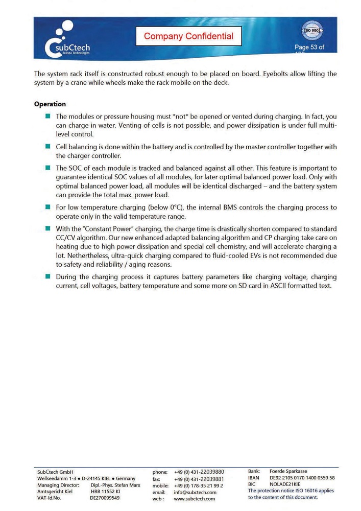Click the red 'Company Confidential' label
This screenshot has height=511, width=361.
(x=188, y=36)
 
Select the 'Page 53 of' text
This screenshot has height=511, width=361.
(x=309, y=48)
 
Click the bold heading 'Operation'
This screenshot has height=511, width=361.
(x=50, y=104)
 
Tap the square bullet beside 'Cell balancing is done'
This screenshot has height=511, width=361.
(x=47, y=147)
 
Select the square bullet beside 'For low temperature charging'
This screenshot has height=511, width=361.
(x=47, y=207)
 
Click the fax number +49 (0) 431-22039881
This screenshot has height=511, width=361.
(x=199, y=479)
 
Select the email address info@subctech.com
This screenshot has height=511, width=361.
(x=195, y=493)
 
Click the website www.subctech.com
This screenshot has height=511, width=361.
(x=194, y=499)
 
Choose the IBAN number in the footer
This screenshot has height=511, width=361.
(x=302, y=478)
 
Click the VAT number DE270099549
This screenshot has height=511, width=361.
(x=105, y=498)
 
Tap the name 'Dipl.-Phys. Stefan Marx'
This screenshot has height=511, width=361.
(x=115, y=485)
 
